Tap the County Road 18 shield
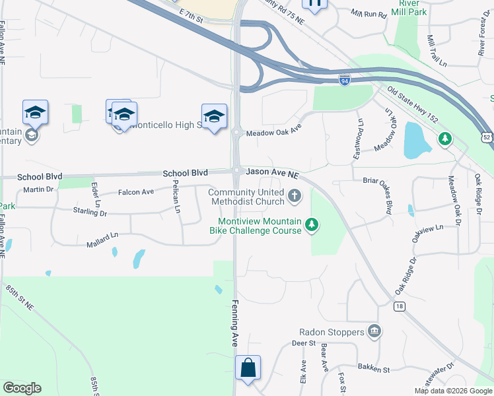tap(399, 306)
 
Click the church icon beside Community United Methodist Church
tap(295, 196)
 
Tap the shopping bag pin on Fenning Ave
tap(248, 368)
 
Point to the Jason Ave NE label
tap(273, 172)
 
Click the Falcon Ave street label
tap(135, 191)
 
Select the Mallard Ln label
tap(102, 244)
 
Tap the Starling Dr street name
tap(90, 213)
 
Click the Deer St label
tap(304, 344)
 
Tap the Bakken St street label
tap(374, 370)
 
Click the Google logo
tap(22, 388)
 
